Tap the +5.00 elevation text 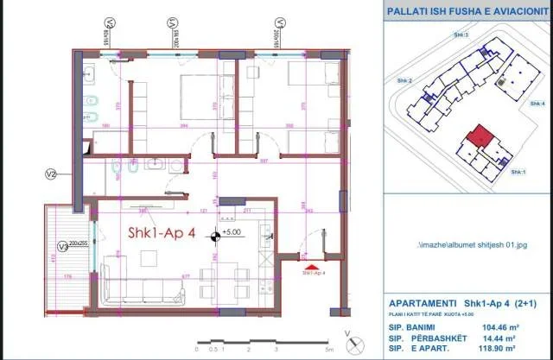(x=232, y=232)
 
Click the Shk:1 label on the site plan (x=518, y=173)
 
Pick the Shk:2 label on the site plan (x=404, y=80)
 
